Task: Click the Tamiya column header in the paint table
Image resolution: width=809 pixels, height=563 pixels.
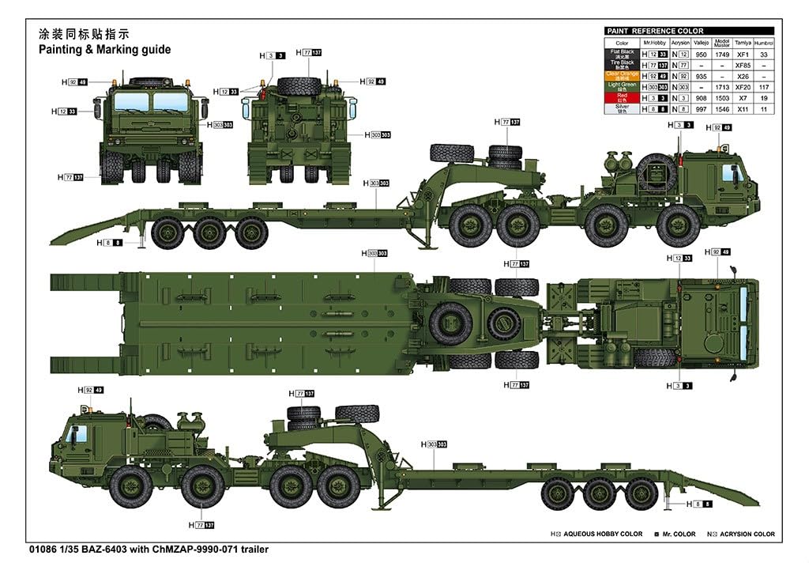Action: click(x=743, y=43)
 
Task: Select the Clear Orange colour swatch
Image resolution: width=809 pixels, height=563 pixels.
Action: click(x=623, y=75)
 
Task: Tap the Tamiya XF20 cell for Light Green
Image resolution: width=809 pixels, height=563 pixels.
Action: click(x=743, y=86)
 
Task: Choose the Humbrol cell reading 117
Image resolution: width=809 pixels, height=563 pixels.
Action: click(x=764, y=86)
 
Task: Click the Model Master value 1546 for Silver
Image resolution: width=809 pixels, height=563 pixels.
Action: click(x=721, y=108)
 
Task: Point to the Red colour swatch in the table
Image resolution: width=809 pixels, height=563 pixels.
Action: click(x=623, y=97)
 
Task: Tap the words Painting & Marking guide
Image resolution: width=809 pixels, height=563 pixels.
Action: click(x=105, y=49)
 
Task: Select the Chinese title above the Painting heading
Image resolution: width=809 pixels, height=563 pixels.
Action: click(x=83, y=35)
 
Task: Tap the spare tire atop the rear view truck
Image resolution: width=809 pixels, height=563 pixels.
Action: click(x=299, y=86)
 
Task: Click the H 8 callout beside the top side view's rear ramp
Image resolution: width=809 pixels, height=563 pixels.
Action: click(x=113, y=242)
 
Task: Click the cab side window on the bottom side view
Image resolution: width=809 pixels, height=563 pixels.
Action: click(x=77, y=434)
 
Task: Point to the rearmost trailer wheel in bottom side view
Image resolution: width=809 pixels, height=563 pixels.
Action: click(x=641, y=494)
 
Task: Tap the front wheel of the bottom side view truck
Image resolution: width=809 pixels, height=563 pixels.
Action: click(x=131, y=486)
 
